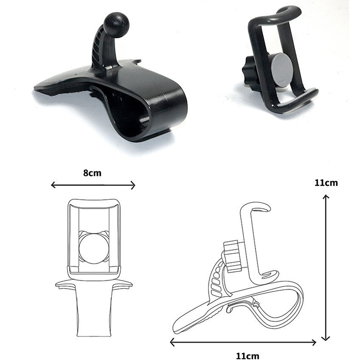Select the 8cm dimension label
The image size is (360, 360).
click(92, 173)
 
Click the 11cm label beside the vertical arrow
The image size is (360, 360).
click(326, 183)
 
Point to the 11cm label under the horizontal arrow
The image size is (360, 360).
click(247, 356)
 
